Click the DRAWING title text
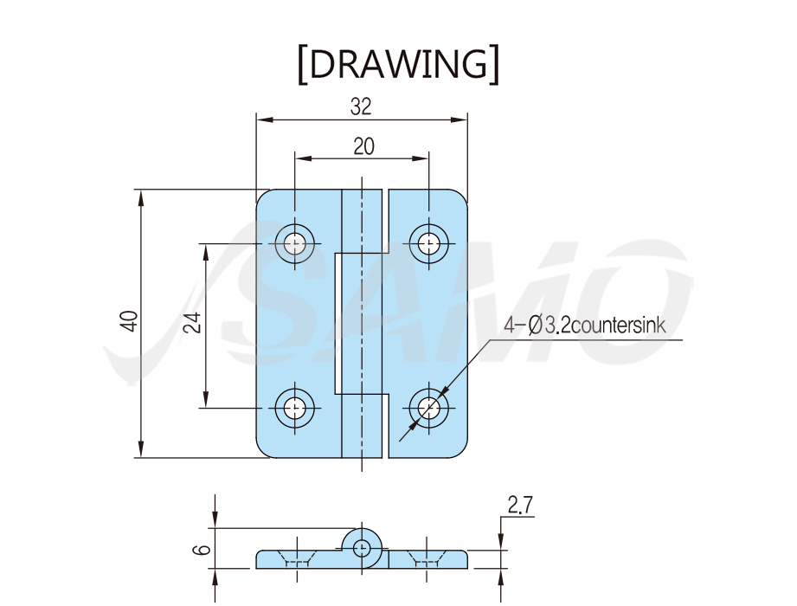398,65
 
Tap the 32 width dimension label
361,106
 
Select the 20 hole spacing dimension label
363,146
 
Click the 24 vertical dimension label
192,322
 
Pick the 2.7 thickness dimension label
520,505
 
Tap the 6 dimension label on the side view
202,550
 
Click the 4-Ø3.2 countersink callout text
584,326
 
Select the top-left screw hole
294,243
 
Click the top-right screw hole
429,243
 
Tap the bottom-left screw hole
294,408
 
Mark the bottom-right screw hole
429,408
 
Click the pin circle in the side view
362,547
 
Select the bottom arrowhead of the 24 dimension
205,399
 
